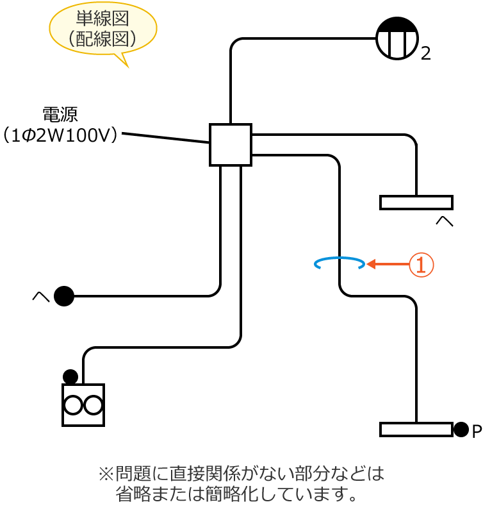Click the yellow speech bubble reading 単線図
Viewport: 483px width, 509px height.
tap(103, 29)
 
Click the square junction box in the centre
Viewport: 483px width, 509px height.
tap(231, 145)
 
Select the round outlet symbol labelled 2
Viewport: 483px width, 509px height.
tap(397, 38)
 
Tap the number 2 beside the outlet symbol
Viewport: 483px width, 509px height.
tap(426, 54)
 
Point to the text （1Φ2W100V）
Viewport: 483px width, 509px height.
tap(60, 136)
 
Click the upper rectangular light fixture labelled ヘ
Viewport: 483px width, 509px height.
tap(416, 203)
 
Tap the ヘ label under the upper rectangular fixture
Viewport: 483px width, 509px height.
tap(444, 221)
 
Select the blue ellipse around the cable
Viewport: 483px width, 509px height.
tap(340, 263)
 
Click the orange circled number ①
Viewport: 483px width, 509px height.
tap(422, 264)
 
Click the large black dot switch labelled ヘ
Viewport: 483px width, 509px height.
tap(64, 296)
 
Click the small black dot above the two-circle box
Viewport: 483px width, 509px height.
tap(70, 376)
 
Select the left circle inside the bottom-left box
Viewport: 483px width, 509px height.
tap(73, 405)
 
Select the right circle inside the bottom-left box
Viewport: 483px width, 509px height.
tap(94, 405)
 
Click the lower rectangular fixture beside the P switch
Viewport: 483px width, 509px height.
tap(416, 430)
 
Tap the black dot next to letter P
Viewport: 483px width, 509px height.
tap(461, 430)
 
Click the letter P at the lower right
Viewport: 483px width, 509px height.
tap(476, 431)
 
